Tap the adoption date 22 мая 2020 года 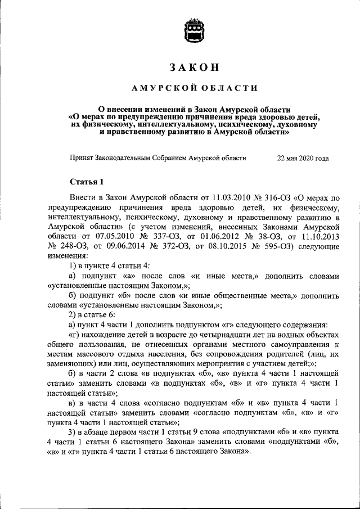coord(303,158)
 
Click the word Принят coord(81,158)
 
